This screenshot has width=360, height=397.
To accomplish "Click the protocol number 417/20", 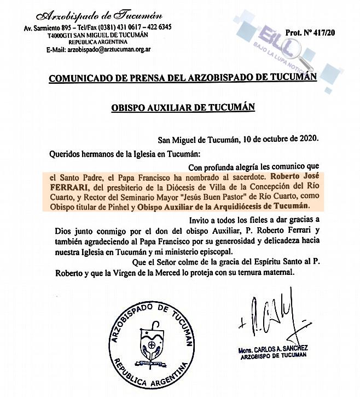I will coord(317,33).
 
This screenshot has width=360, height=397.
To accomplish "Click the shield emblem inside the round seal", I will coord(150,347).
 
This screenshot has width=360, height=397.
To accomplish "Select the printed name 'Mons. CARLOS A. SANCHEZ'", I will coord(274,350).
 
